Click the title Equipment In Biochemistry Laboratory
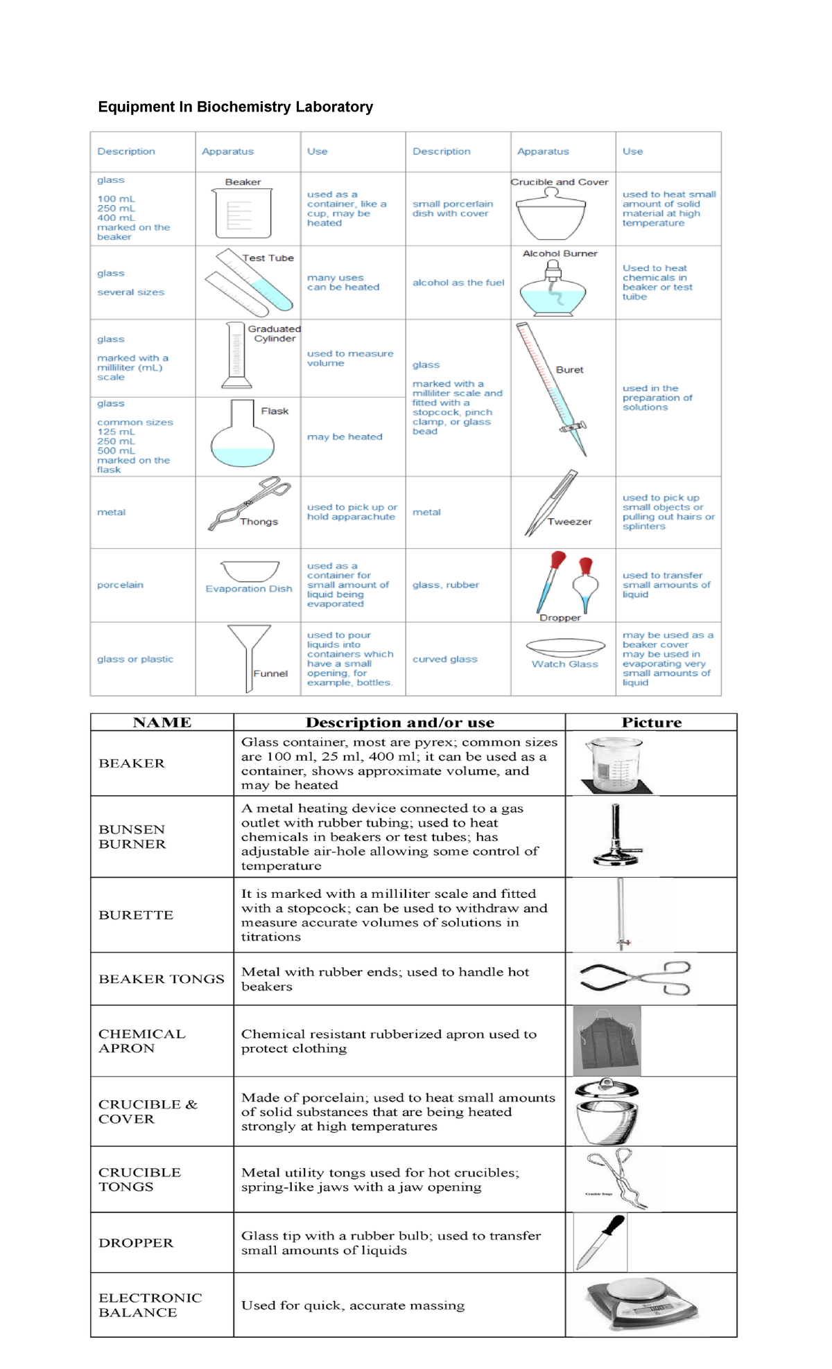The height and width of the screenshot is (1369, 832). pos(235,107)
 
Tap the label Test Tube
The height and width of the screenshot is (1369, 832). pos(268,258)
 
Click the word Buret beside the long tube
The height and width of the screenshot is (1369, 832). pos(569,370)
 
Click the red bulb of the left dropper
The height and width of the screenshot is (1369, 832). pos(558,558)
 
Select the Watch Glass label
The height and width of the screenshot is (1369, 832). pos(564,664)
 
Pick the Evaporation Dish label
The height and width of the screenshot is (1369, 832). pos(249,588)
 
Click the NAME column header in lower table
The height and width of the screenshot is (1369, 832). pos(162,722)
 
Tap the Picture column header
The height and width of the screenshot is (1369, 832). pos(651,722)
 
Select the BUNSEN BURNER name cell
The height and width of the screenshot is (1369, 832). pos(132,836)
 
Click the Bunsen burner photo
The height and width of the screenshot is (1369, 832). pos(616,836)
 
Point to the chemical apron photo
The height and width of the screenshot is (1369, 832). pos(608,1040)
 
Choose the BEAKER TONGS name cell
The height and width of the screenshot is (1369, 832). pos(162,978)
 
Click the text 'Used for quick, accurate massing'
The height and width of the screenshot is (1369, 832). pos(353,1305)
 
